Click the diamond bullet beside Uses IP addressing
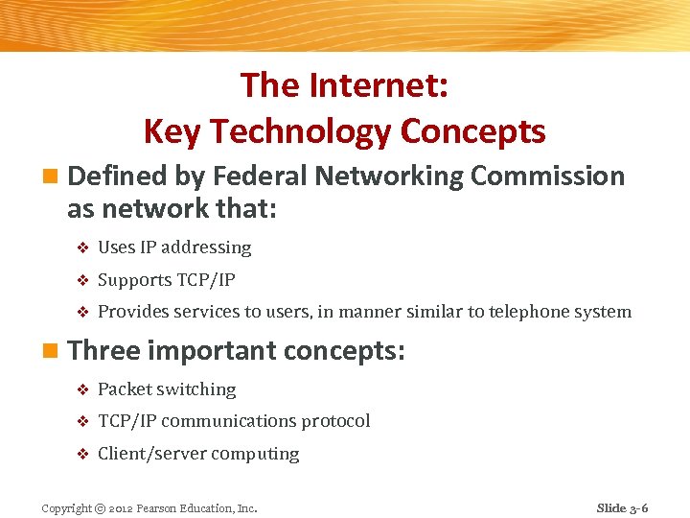point(81,247)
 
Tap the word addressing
point(206,247)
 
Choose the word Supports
point(135,280)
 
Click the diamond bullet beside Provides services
point(81,312)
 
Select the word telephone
point(531,312)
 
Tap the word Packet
point(125,389)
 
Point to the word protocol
point(335,421)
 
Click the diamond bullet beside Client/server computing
point(81,454)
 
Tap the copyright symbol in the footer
point(100,508)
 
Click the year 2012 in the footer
point(123,508)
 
